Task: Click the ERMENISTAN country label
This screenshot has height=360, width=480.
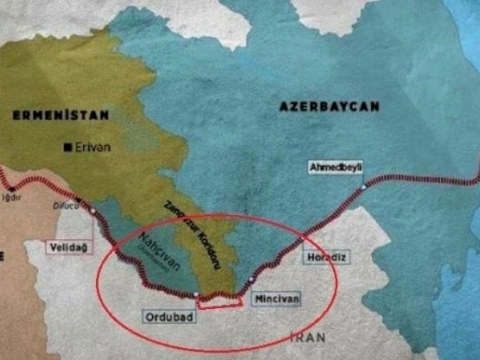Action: pyautogui.click(x=47, y=115)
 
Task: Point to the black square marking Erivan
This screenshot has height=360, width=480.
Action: pyautogui.click(x=67, y=148)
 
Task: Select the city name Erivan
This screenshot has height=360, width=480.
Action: pyautogui.click(x=92, y=147)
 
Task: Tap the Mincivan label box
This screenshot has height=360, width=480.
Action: pyautogui.click(x=277, y=298)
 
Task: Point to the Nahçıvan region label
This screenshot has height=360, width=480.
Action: pyautogui.click(x=136, y=258)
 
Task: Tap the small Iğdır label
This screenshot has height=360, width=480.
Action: pyautogui.click(x=13, y=198)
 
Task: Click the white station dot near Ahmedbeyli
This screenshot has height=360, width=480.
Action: pyautogui.click(x=362, y=189)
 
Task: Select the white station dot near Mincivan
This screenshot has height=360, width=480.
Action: pyautogui.click(x=251, y=279)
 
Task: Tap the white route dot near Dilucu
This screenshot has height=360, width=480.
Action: pyautogui.click(x=93, y=212)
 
